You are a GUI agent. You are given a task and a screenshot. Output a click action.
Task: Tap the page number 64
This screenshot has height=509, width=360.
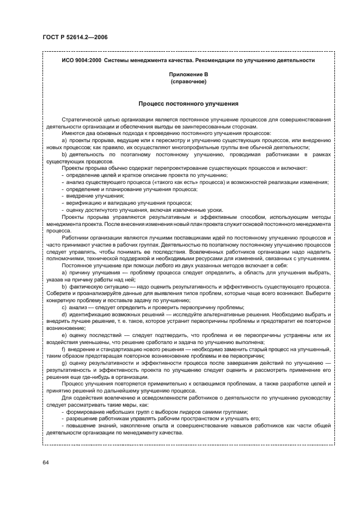click(x=46, y=462)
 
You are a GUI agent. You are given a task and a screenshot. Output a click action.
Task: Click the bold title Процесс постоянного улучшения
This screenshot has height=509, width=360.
click(x=188, y=103)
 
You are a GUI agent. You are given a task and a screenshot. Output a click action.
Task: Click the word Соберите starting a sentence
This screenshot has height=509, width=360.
click(x=58, y=293)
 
